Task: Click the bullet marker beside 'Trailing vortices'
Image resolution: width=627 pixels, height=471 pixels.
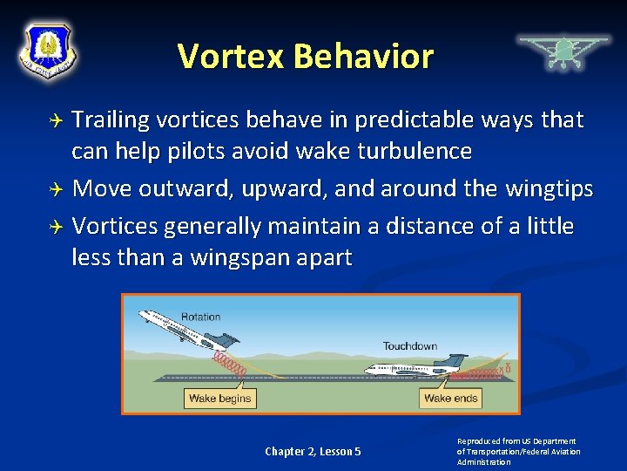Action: pyautogui.click(x=57, y=120)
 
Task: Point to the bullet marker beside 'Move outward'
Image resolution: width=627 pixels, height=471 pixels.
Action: pyautogui.click(x=57, y=189)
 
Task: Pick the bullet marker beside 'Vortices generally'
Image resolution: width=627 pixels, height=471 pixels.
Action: pyautogui.click(x=57, y=227)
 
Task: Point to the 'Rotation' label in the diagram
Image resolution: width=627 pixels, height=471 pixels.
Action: pyautogui.click(x=200, y=317)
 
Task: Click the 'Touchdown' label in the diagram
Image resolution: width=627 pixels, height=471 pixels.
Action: pyautogui.click(x=409, y=346)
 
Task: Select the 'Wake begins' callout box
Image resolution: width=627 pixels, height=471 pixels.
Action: pyautogui.click(x=219, y=399)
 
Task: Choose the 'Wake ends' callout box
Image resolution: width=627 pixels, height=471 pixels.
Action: pyautogui.click(x=449, y=399)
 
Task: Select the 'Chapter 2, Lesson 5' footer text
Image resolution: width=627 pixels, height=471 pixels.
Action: pyautogui.click(x=313, y=451)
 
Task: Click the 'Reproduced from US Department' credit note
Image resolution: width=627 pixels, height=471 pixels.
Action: pyautogui.click(x=517, y=441)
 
